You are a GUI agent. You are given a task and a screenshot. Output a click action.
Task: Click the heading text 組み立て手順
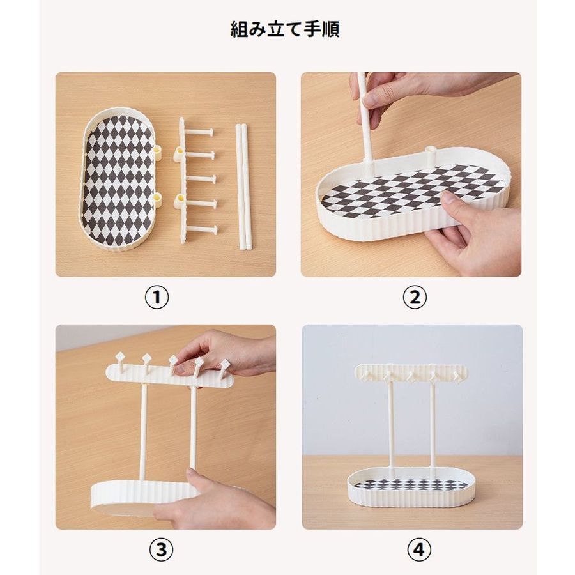[284, 29]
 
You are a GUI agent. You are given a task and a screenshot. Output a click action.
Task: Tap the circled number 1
[157, 297]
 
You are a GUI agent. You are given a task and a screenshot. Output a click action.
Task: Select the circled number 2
[415, 297]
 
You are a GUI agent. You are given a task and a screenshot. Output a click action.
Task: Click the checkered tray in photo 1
[118, 180]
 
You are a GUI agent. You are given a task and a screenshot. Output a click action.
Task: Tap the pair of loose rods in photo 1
[242, 187]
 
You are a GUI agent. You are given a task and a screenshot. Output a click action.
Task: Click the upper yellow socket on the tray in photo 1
[158, 152]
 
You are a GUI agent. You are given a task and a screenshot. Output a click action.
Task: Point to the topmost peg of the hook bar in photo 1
[200, 133]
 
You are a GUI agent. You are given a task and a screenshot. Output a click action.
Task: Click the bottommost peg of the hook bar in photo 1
[201, 230]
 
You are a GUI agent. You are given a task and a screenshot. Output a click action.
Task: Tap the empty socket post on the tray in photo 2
[430, 155]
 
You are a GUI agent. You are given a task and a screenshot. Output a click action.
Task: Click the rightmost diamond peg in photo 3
[224, 367]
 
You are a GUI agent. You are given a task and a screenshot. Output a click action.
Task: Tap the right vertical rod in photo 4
[433, 425]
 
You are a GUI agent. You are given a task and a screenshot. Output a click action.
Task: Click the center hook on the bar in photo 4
[411, 376]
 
